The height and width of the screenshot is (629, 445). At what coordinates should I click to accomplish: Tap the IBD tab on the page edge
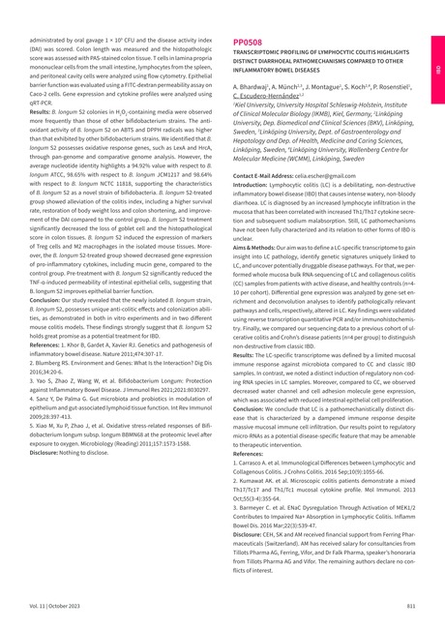point(437,71)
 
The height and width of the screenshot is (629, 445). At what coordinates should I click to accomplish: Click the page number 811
point(411,605)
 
